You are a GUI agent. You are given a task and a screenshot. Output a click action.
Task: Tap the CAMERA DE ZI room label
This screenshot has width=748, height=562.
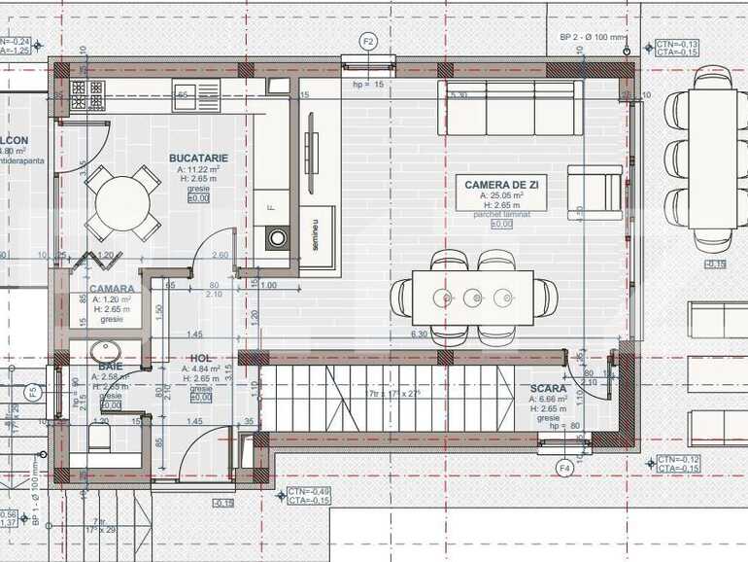click(502, 184)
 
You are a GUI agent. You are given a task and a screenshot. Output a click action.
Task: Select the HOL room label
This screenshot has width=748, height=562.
click(201, 358)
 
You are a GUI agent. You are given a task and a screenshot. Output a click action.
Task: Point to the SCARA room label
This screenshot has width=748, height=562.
click(549, 388)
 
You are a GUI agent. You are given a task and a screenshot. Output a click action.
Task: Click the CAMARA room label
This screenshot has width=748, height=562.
click(112, 289)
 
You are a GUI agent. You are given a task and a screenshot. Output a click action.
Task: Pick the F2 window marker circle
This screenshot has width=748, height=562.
click(368, 42)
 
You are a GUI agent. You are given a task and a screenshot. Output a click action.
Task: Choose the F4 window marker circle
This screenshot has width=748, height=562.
click(563, 468)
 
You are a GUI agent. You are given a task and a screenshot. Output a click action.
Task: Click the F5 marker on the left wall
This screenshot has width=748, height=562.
click(32, 393)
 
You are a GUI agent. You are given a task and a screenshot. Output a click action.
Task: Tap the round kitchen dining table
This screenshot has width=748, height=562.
click(122, 202)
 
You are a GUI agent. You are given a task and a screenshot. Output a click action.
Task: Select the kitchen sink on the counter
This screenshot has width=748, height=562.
click(206, 93)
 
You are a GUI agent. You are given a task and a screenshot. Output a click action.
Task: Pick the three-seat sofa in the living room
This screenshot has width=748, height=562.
click(510, 107)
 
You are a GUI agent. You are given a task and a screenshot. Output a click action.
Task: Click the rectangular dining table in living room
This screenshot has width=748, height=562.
click(473, 297)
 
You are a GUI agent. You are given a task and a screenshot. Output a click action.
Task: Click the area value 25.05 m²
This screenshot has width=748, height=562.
click(502, 195)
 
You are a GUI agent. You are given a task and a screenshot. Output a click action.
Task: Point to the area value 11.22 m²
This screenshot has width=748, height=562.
click(198, 168)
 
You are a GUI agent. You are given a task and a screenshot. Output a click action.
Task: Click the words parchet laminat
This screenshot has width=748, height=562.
click(502, 215)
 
